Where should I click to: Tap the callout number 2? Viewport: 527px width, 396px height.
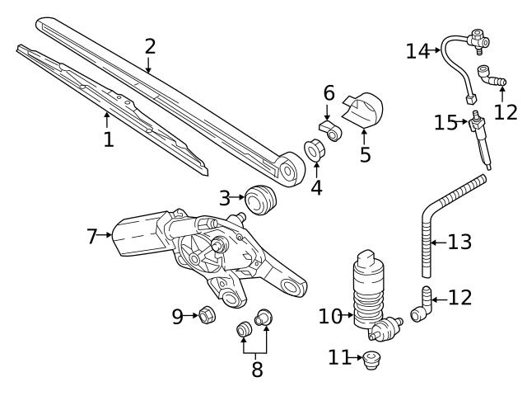tap(150, 45)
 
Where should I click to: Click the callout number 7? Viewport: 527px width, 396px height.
tap(92, 237)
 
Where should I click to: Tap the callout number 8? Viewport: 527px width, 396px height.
tap(257, 369)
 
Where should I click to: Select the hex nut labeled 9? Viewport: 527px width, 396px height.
tap(208, 315)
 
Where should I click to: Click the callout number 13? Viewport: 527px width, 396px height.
tap(460, 243)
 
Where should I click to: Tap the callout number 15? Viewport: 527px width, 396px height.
tap(446, 122)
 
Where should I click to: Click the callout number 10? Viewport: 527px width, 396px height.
tap(329, 315)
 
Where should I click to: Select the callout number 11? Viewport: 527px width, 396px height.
tap(338, 358)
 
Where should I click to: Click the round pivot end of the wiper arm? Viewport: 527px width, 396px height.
tap(287, 170)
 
